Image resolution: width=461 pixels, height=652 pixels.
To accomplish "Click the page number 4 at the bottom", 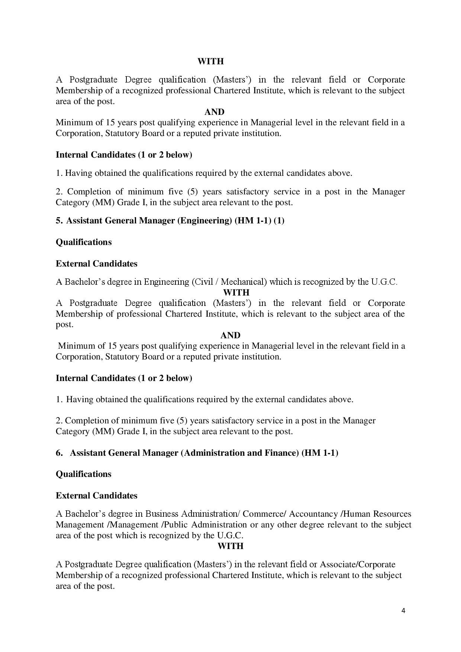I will point(403,610).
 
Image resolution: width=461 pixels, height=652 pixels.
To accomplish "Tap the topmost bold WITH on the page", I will point(210,61).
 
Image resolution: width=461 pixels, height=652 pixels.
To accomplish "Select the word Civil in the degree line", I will point(203,282).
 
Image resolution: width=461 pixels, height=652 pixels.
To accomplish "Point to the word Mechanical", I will point(242,282).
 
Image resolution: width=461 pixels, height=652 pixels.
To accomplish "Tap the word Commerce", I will point(264,514).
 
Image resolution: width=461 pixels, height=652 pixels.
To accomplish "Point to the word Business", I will point(162,514).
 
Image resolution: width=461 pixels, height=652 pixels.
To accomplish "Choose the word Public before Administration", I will point(176,524).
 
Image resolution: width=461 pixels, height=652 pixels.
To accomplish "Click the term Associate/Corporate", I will point(358,564).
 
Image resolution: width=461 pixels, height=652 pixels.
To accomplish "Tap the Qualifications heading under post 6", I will point(84,474).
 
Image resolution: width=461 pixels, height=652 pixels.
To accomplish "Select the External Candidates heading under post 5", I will point(97,264).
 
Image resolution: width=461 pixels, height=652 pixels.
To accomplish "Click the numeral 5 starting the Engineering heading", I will point(59,220).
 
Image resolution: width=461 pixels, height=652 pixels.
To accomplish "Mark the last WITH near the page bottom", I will point(230,546).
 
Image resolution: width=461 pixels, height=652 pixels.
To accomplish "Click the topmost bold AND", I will point(215,112).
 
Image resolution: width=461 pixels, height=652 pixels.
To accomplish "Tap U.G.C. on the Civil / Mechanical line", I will point(384,282).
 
